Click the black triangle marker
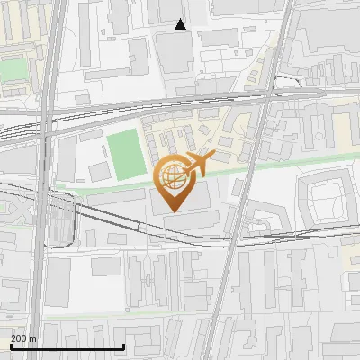click(x=181, y=25)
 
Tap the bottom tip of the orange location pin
click(x=171, y=211)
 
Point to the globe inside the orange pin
click(x=171, y=175)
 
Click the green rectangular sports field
click(x=126, y=154)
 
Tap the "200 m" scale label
click(x=23, y=338)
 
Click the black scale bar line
click(x=67, y=347)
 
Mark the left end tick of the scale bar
click(x=11, y=346)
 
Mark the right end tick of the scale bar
click(x=123, y=346)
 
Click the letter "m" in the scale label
click(x=33, y=338)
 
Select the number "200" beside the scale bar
click(x=19, y=338)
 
